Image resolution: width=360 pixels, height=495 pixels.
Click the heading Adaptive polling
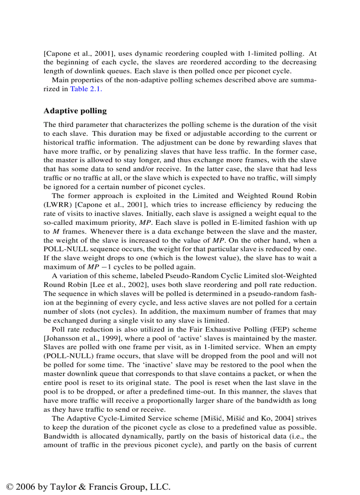75,111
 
